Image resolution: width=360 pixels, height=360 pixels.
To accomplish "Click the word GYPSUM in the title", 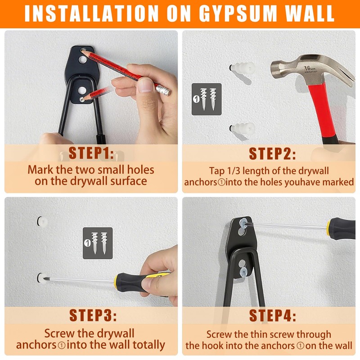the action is [238, 13].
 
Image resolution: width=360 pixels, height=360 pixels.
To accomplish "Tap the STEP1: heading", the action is [91, 153].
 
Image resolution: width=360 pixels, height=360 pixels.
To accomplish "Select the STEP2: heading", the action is [272, 153].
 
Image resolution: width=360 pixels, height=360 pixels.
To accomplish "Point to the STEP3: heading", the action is [93, 315].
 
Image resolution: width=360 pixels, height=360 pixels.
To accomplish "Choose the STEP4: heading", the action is [273, 315].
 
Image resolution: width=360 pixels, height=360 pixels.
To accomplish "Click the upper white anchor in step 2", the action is [243, 67].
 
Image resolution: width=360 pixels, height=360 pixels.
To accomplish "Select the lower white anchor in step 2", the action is [243, 128].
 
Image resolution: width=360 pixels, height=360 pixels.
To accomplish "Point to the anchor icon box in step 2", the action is [207, 99].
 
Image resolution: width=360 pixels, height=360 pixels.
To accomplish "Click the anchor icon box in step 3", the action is [98, 243].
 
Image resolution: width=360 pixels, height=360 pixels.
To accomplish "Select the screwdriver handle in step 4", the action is [341, 229].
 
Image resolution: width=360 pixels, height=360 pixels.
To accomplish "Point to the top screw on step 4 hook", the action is [243, 223].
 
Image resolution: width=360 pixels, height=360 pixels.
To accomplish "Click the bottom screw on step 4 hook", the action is [243, 273].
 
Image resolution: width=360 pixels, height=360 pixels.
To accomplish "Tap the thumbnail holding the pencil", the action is [145, 85].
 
